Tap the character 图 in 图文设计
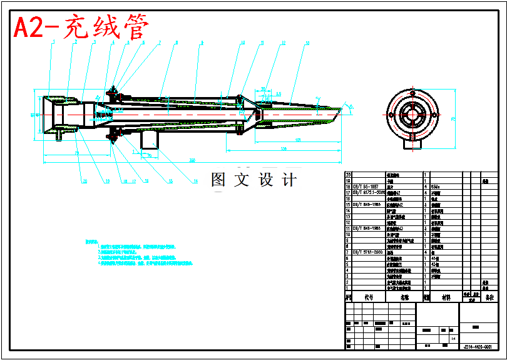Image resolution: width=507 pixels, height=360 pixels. pyautogui.click(x=218, y=180)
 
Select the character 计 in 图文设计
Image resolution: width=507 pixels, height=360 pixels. pyautogui.click(x=289, y=180)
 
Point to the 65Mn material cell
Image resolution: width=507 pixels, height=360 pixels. pyautogui.click(x=437, y=186)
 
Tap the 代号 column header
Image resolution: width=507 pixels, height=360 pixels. pyautogui.click(x=369, y=298)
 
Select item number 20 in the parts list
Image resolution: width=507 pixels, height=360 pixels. pyautogui.click(x=349, y=174)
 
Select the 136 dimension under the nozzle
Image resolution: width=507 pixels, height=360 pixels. pyautogui.click(x=284, y=148)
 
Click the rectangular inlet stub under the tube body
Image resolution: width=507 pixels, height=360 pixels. pyautogui.click(x=149, y=139)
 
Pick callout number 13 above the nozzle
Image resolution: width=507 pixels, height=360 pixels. pyautogui.click(x=307, y=43)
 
